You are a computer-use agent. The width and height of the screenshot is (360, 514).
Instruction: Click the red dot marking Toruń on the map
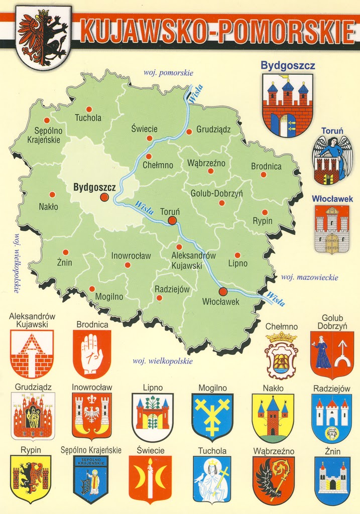(x=172, y=220)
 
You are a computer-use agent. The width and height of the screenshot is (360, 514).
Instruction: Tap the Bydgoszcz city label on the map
(x=94, y=187)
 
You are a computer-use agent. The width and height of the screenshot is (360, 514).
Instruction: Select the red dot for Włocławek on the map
(x=223, y=292)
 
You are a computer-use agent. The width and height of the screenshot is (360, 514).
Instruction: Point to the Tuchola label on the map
(x=88, y=118)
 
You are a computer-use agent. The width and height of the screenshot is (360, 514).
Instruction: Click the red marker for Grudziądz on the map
(x=189, y=132)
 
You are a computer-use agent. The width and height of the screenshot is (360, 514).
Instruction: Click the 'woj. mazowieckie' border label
(x=309, y=277)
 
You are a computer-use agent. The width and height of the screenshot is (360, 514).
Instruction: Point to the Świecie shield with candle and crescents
(x=150, y=478)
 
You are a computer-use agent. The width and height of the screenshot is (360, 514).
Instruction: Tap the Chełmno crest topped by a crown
(x=281, y=355)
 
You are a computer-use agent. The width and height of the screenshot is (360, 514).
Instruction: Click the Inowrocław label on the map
(x=131, y=255)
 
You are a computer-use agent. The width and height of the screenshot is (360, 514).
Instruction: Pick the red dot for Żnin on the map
(x=65, y=252)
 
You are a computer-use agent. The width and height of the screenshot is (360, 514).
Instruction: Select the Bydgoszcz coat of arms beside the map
(x=287, y=105)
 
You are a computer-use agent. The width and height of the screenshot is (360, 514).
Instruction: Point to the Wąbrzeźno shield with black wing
(x=273, y=480)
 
